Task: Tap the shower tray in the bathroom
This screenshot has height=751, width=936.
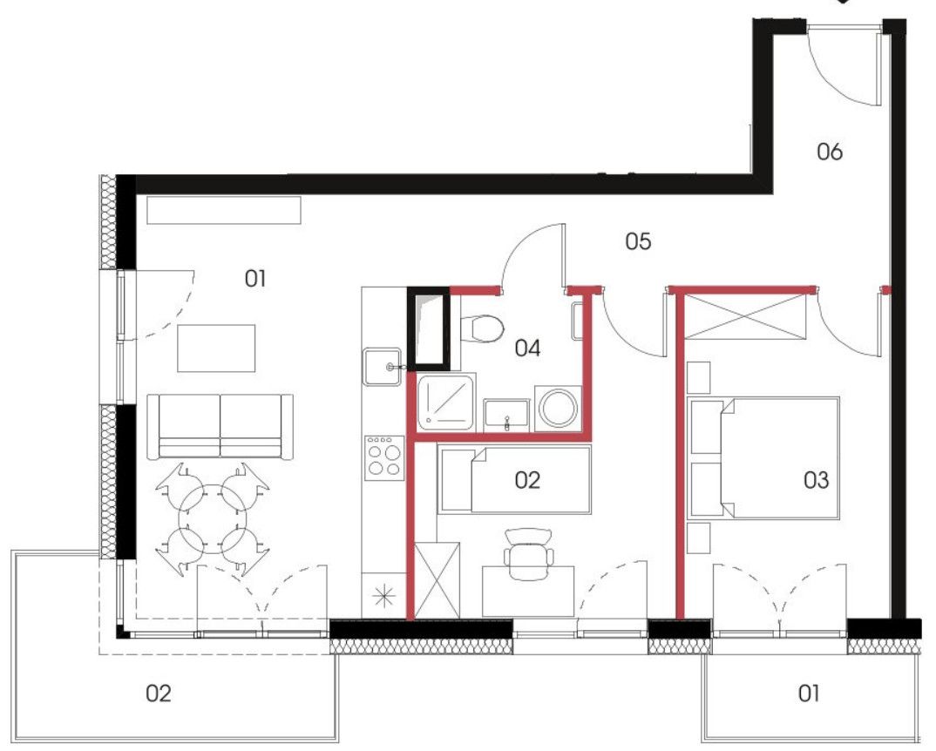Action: click(446, 403)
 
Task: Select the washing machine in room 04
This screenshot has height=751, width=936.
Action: click(559, 409)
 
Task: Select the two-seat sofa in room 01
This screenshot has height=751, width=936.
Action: click(220, 426)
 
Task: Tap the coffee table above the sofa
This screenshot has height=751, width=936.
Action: click(216, 348)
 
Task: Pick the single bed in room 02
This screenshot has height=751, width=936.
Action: click(514, 479)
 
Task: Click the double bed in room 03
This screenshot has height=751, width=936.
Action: click(764, 458)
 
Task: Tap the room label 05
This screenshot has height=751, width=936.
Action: click(638, 242)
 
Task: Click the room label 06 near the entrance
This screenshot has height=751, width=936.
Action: click(830, 152)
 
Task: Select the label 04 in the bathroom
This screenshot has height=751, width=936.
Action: click(527, 348)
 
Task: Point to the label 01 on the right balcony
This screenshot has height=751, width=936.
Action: click(809, 693)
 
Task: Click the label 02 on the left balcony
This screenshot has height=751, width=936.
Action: click(159, 693)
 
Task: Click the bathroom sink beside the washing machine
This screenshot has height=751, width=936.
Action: click(506, 416)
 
